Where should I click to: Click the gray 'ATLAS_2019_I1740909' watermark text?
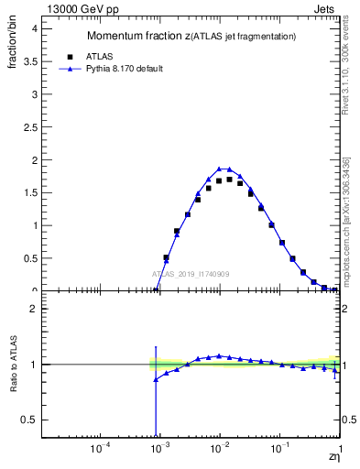click(x=191, y=274)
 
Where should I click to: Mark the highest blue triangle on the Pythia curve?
click(x=220, y=169)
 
